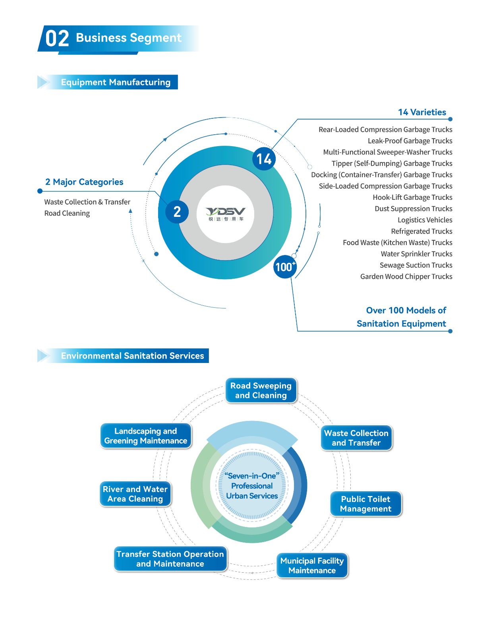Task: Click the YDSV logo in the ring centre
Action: click(x=225, y=214)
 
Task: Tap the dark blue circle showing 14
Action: click(x=264, y=159)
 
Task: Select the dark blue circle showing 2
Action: click(x=177, y=212)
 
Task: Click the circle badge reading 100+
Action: click(x=285, y=266)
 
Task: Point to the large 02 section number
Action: click(x=57, y=38)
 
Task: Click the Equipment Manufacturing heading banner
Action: click(x=108, y=82)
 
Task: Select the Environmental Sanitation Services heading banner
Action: click(x=123, y=356)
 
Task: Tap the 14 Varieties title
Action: click(x=422, y=112)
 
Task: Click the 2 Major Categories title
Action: click(x=84, y=182)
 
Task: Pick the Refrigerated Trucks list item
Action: click(x=421, y=231)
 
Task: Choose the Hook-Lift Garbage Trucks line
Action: click(x=412, y=197)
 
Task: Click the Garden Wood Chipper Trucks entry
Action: click(x=406, y=276)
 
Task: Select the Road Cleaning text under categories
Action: click(x=67, y=213)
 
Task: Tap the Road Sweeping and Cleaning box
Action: click(x=261, y=390)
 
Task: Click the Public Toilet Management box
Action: click(x=365, y=504)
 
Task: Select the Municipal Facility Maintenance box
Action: click(x=312, y=566)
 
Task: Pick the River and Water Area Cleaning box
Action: click(x=135, y=494)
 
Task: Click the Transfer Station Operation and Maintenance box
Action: click(x=170, y=559)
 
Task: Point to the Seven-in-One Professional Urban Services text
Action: click(x=252, y=486)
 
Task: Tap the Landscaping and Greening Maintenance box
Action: click(x=146, y=436)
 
